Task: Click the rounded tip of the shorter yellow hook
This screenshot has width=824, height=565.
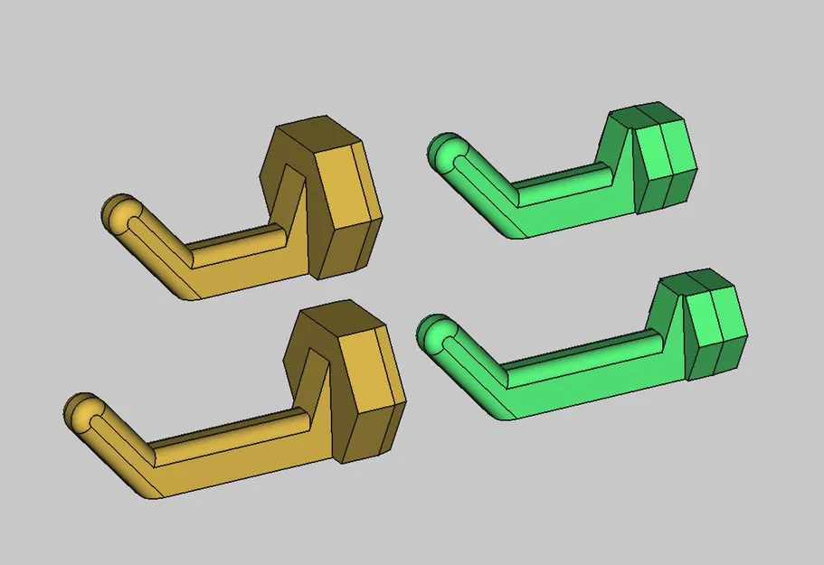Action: click(x=118, y=215)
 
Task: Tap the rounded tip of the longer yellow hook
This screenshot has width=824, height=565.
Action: click(x=81, y=413)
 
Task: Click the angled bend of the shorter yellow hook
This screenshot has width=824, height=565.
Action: click(x=185, y=267)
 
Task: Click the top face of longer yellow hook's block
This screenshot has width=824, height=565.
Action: click(x=339, y=321)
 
